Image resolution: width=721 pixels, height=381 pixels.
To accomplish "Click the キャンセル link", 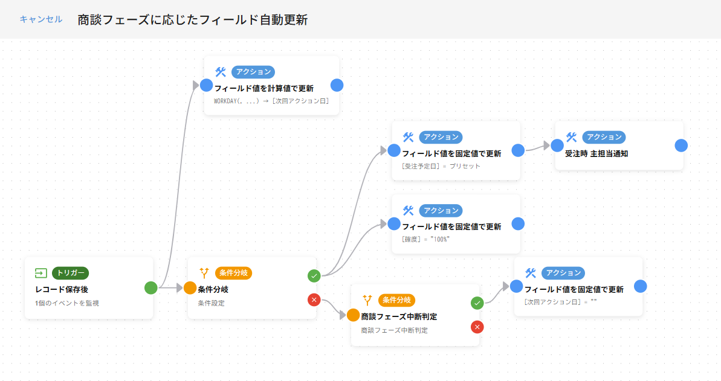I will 40,19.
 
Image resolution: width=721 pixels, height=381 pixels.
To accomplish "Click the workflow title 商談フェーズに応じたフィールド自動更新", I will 193,19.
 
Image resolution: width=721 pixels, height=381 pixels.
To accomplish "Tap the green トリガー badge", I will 71,273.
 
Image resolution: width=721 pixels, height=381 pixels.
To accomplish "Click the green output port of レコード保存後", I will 151,288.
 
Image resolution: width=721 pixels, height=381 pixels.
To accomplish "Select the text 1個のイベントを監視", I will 67,303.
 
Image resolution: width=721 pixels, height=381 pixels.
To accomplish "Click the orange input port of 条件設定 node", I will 190,288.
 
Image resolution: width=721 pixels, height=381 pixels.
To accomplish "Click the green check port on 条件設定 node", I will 314,276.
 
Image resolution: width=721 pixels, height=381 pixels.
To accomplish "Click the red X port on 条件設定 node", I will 314,299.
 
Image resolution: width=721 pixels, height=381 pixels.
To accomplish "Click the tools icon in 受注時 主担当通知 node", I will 571,137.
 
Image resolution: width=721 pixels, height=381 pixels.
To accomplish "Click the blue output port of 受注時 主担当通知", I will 681,146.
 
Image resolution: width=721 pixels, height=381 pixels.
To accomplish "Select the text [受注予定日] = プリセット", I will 441,166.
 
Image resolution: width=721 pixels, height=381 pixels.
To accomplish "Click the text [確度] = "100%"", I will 426,240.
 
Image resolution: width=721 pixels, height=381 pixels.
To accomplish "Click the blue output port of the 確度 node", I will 518,224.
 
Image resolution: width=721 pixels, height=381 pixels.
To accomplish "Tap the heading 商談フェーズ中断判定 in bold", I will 399,316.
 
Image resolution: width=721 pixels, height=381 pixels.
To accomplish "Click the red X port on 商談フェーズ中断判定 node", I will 477,327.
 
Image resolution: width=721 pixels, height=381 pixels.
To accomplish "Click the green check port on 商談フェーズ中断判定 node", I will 477,303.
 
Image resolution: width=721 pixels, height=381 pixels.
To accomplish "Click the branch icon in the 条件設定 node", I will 204,273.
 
